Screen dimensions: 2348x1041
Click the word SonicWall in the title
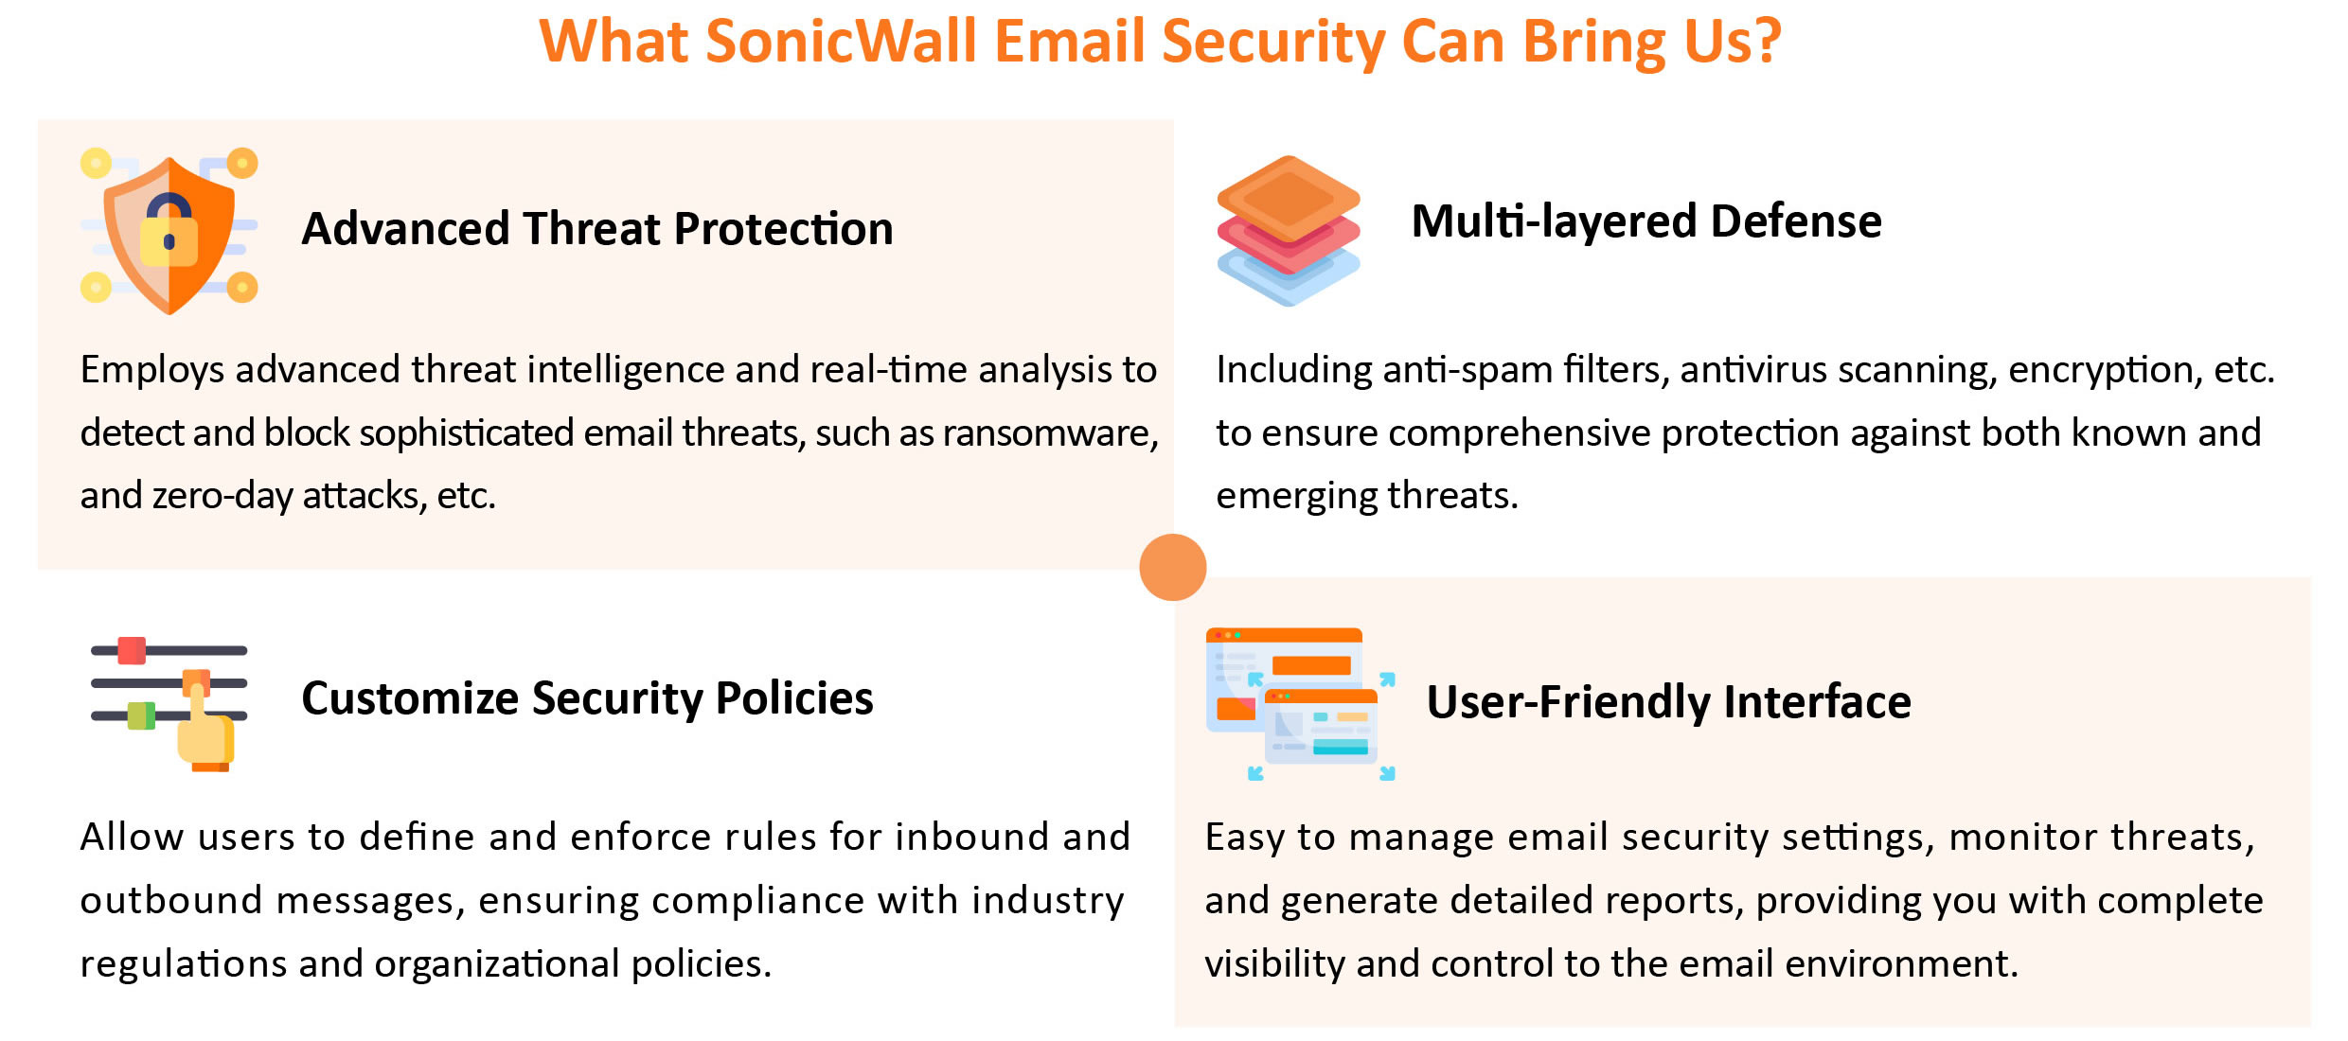[842, 42]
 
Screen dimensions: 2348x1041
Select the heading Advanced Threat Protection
[597, 229]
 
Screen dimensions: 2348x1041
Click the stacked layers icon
[1289, 231]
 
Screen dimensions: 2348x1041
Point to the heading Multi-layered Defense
[1646, 221]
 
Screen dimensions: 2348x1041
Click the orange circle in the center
[1173, 567]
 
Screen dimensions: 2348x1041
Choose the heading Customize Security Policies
[587, 698]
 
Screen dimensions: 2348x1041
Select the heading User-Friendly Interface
[1669, 702]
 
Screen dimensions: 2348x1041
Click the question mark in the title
[1765, 42]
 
